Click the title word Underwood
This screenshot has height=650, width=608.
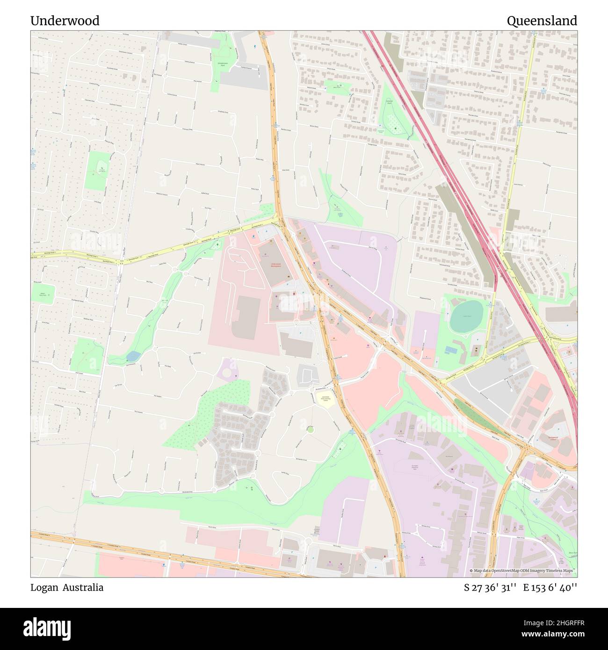pos(65,21)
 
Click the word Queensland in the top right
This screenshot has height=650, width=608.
pos(542,21)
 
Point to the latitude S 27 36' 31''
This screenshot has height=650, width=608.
pos(490,587)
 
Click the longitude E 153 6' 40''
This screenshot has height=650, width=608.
pos(550,587)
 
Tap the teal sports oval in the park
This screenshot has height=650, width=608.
pos(466,312)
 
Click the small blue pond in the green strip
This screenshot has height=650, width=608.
pos(132,357)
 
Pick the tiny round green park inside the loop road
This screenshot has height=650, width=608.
pos(310,429)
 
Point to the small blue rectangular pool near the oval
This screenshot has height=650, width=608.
pos(451,350)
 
